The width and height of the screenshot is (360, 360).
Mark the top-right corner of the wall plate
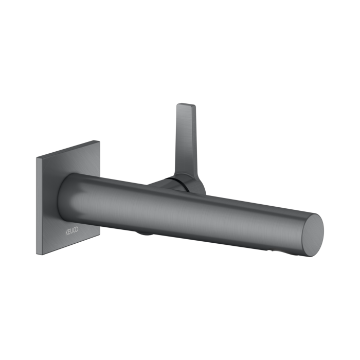click(x=100, y=140)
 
